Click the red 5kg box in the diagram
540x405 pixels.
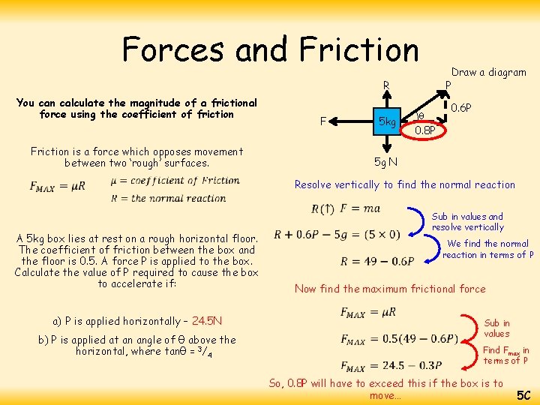pyautogui.click(x=386, y=121)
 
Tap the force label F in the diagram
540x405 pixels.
pyautogui.click(x=322, y=120)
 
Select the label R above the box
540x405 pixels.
pyautogui.click(x=386, y=85)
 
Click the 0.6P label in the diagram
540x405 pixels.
pyautogui.click(x=461, y=107)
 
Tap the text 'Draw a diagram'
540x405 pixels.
pyautogui.click(x=488, y=72)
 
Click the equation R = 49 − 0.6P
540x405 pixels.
pyautogui.click(x=376, y=261)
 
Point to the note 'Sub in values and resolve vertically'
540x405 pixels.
pyautogui.click(x=468, y=222)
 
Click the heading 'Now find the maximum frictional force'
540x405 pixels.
pyautogui.click(x=390, y=289)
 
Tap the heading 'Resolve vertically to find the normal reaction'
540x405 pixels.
pyautogui.click(x=405, y=184)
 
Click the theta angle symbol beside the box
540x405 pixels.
pyautogui.click(x=420, y=116)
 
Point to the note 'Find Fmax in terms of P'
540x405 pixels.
pyautogui.click(x=506, y=355)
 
